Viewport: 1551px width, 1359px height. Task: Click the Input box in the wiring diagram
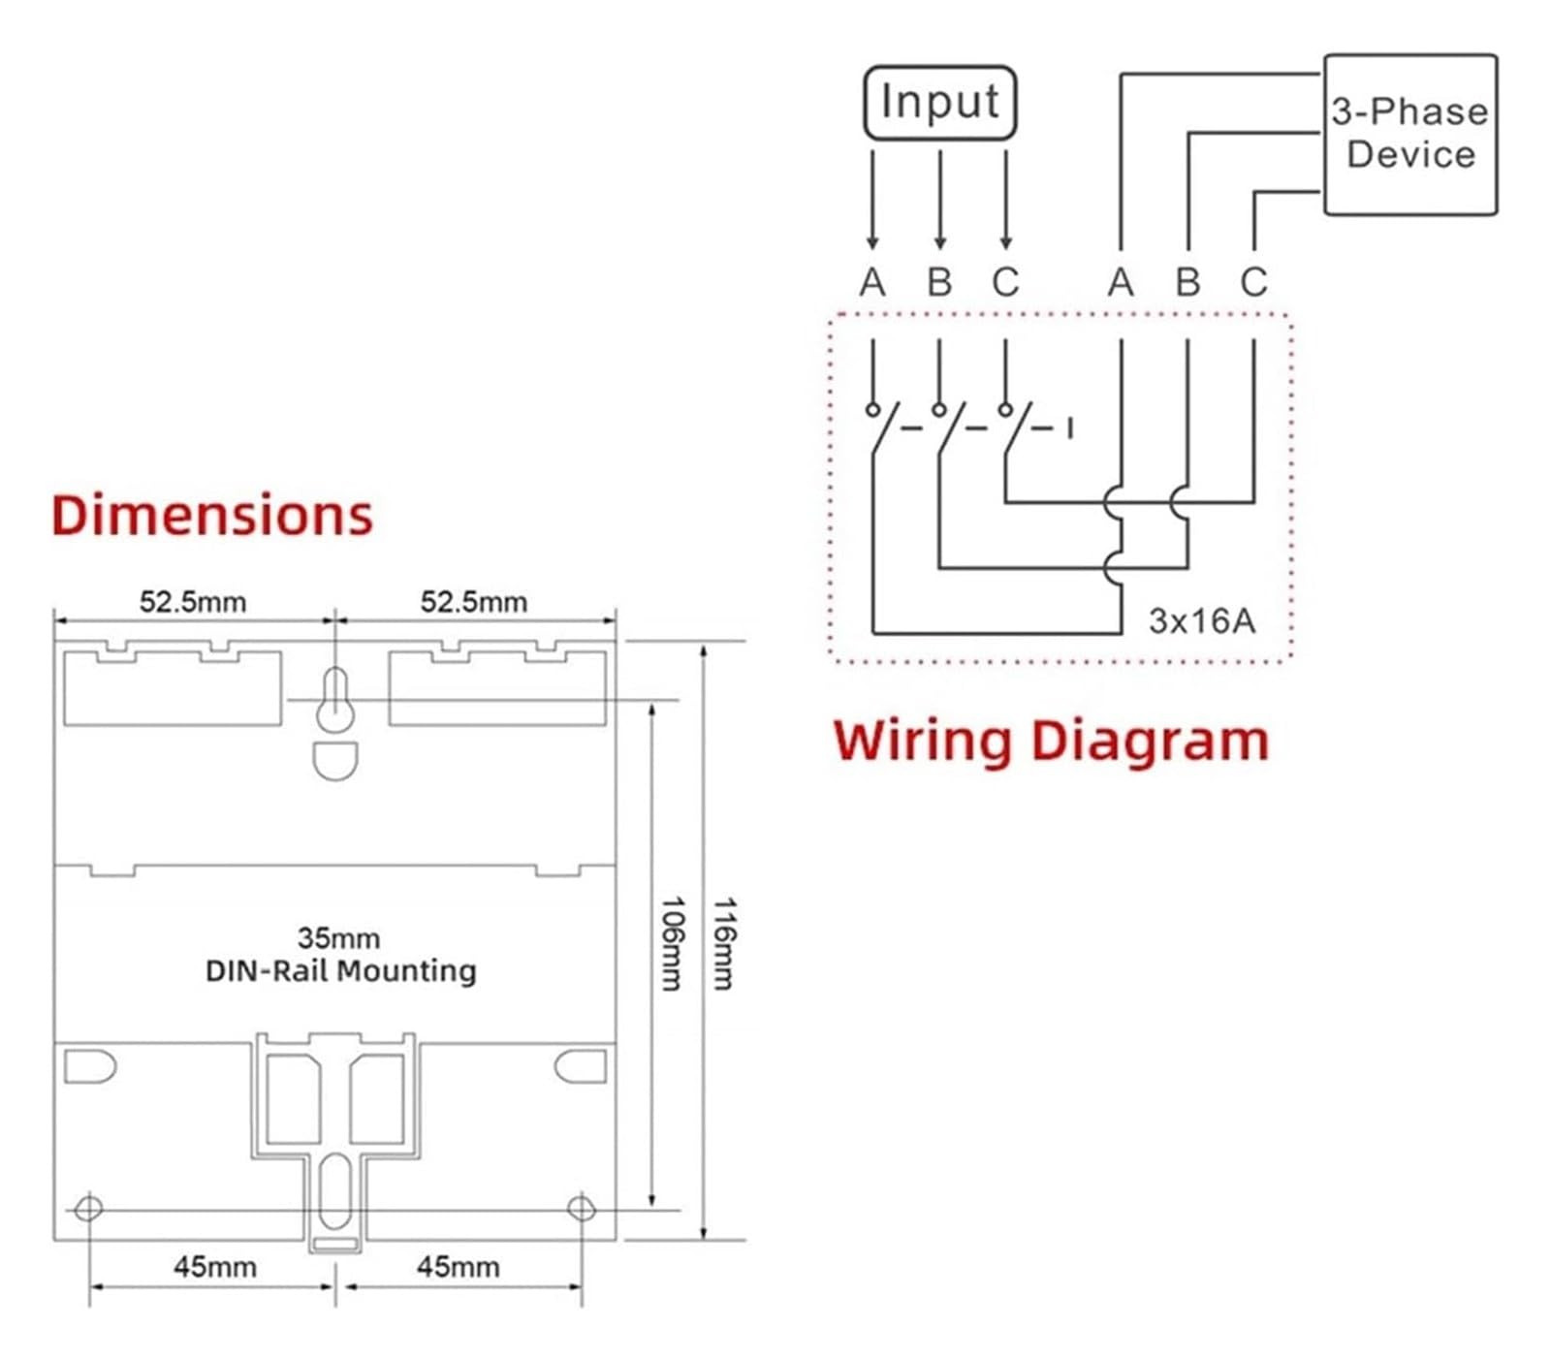pos(939,102)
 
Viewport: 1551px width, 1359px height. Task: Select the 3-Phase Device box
pos(1410,134)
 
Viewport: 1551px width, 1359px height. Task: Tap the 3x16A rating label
pos(1202,620)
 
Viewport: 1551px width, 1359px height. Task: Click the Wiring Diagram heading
pos(1051,743)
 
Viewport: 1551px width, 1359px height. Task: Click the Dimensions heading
pos(211,515)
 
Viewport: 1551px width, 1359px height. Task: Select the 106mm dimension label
pos(671,943)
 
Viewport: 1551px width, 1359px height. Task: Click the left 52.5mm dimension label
pos(193,602)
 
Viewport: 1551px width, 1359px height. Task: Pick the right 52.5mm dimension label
pos(474,602)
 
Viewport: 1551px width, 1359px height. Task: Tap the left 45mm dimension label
pos(215,1267)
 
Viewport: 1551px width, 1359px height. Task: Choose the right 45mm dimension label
pos(459,1267)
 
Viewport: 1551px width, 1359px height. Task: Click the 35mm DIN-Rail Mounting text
pos(340,955)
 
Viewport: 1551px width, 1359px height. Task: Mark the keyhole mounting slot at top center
pos(335,700)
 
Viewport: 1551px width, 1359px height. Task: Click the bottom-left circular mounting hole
pos(88,1209)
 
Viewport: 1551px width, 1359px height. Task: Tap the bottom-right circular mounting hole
pos(581,1209)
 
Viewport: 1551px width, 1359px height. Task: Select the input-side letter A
pos(872,282)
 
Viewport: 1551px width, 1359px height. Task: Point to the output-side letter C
pos(1253,282)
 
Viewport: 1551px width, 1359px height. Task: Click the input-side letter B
pos(939,282)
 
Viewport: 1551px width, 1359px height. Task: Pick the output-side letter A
pos(1121,282)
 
